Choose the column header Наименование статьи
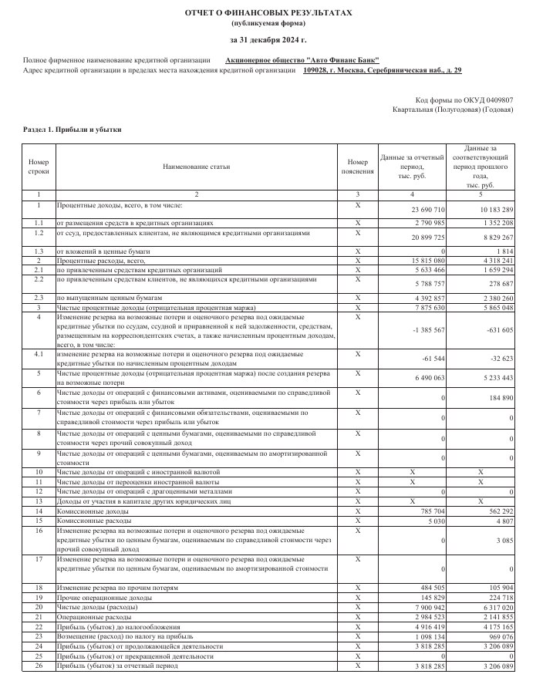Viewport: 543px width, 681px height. [196, 166]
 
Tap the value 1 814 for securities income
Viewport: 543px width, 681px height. [507, 251]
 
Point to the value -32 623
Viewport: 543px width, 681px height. [501, 359]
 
